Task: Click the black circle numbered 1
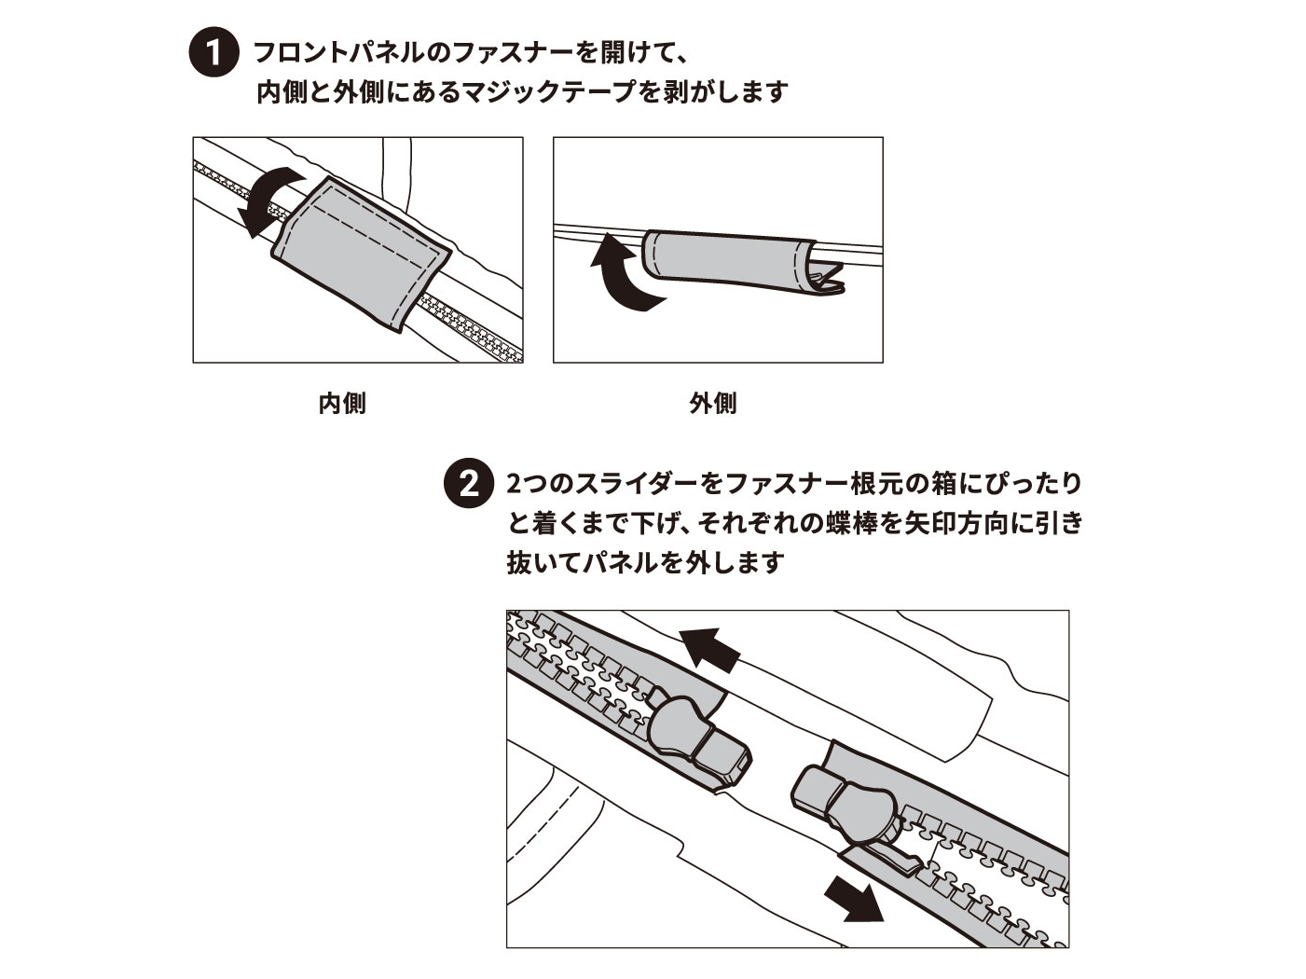click(x=213, y=52)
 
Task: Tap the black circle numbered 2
click(x=467, y=484)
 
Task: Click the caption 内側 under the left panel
click(x=342, y=404)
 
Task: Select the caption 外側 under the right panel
click(x=713, y=404)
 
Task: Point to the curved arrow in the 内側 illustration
click(x=266, y=200)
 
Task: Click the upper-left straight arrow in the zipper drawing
click(x=709, y=646)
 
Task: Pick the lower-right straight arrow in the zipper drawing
click(x=853, y=898)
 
